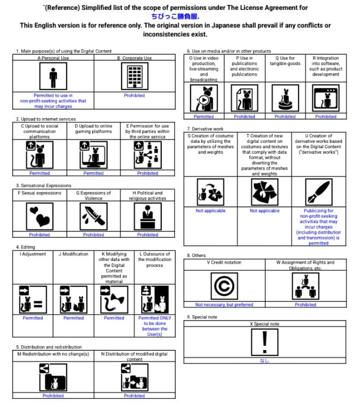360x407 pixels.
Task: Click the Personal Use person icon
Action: click(53, 77)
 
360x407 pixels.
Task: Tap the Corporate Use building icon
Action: click(134, 77)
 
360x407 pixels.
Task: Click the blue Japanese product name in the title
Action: click(176, 16)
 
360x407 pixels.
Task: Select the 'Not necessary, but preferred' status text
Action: click(224, 305)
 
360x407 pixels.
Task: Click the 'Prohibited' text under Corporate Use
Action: click(134, 95)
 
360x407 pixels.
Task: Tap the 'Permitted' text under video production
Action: click(204, 117)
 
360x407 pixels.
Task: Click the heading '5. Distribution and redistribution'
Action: click(49, 347)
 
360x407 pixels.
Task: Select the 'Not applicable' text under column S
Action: click(210, 211)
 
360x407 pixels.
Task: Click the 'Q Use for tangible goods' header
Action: click(285, 61)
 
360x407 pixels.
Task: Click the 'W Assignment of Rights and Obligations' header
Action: click(305, 265)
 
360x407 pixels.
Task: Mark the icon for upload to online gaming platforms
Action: click(94, 155)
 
